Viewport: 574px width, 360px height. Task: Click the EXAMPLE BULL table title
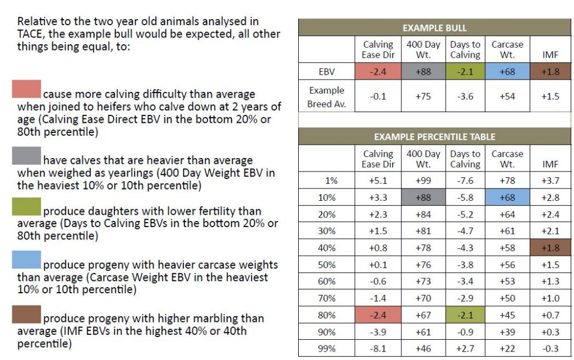click(434, 27)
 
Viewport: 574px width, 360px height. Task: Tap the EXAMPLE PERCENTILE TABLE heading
click(434, 136)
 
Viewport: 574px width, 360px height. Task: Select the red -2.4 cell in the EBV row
click(378, 72)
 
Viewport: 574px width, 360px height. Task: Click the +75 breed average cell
click(423, 96)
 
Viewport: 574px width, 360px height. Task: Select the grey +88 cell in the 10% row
click(423, 197)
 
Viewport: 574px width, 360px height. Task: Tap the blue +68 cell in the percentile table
click(507, 197)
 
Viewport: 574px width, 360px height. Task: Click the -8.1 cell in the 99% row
click(378, 348)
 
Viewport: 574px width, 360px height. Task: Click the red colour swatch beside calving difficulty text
click(26, 89)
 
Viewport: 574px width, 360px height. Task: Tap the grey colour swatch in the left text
click(26, 155)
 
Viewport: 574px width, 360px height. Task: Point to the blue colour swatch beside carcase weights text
click(26, 259)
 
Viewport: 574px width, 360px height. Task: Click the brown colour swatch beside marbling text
click(26, 315)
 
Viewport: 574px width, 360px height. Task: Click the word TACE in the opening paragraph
click(30, 34)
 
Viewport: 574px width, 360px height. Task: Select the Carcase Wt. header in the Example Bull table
click(507, 49)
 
